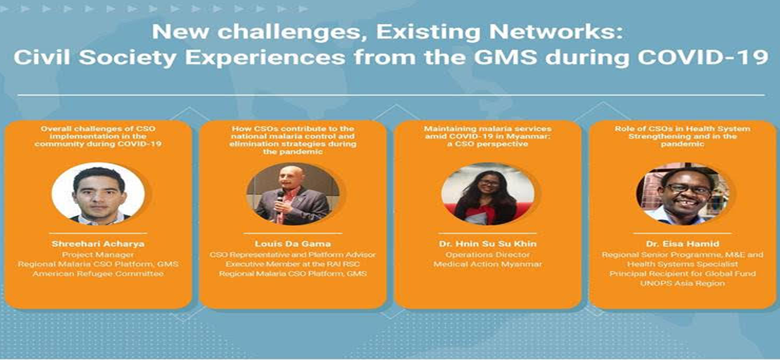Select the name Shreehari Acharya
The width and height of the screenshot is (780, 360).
[98, 244]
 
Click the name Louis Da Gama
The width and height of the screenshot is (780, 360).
[293, 244]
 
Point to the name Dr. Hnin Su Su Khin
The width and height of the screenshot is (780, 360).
[487, 244]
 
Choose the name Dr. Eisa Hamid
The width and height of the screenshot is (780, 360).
[683, 244]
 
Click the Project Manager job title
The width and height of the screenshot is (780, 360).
[98, 255]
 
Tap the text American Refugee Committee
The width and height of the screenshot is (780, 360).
[98, 274]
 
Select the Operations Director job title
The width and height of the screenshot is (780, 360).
[487, 255]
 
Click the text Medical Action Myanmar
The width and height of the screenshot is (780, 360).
[487, 264]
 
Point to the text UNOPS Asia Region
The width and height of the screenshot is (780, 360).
[683, 283]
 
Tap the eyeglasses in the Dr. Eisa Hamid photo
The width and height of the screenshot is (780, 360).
[689, 189]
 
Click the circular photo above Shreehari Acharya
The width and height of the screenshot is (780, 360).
[98, 192]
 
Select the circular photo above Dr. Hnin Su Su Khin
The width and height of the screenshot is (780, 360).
[487, 192]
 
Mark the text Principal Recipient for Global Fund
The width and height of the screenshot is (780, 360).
[683, 273]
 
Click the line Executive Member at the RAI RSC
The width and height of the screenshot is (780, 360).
[293, 264]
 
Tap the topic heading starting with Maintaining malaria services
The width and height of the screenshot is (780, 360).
[487, 136]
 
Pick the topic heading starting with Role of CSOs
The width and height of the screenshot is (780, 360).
[683, 136]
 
